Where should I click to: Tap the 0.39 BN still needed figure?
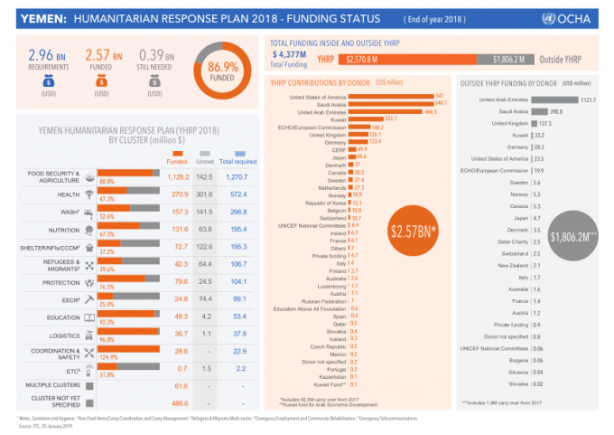pyautogui.click(x=156, y=59)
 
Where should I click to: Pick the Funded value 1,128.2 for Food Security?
pyautogui.click(x=180, y=177)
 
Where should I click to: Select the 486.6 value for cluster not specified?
pyautogui.click(x=181, y=402)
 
